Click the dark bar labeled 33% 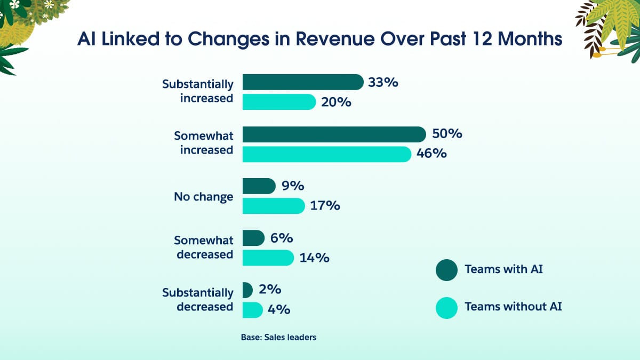pyautogui.click(x=302, y=82)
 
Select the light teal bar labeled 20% pyautogui.click(x=279, y=102)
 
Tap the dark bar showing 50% pyautogui.click(x=334, y=134)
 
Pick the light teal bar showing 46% pyautogui.click(x=326, y=154)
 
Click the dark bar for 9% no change pyautogui.click(x=259, y=186)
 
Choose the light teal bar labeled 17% pyautogui.click(x=273, y=205)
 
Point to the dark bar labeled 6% pyautogui.click(x=253, y=238)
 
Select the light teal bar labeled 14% pyautogui.click(x=268, y=258)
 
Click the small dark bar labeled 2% pyautogui.click(x=247, y=290)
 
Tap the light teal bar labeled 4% pyautogui.click(x=252, y=309)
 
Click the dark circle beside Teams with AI pyautogui.click(x=446, y=269)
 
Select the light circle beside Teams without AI pyautogui.click(x=446, y=307)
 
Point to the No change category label pyautogui.click(x=203, y=197)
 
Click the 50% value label pyautogui.click(x=447, y=134)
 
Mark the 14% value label pyautogui.click(x=314, y=258)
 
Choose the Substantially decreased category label pyautogui.click(x=198, y=300)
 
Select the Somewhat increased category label pyautogui.click(x=203, y=143)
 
